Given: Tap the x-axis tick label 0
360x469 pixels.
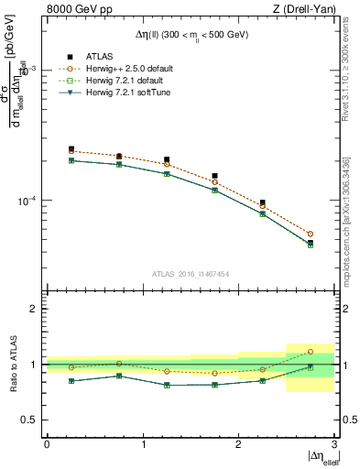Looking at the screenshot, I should coord(47,444).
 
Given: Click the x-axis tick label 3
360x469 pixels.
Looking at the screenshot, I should coord(334,444).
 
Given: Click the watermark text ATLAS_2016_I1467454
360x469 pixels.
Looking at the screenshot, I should coord(191,273).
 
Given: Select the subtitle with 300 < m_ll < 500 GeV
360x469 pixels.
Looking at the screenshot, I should coord(191,35).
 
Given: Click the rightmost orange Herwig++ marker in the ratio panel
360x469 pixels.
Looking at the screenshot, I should coord(310,352).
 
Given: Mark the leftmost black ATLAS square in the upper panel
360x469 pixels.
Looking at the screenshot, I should coord(71,148).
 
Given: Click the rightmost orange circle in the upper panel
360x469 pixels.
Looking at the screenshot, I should coord(310,234).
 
